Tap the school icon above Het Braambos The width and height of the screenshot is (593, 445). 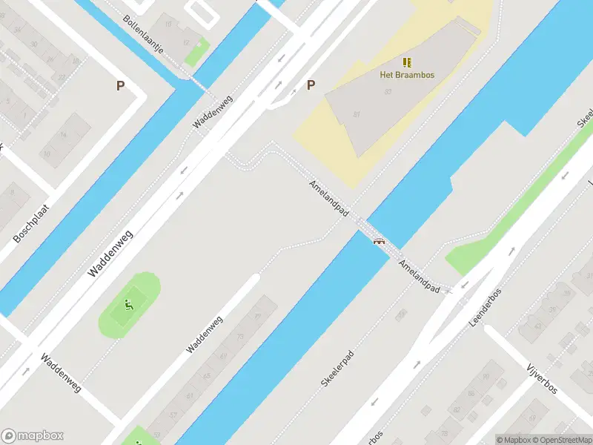tap(407, 62)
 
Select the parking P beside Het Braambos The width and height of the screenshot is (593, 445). tap(311, 85)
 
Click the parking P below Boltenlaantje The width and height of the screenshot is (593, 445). tap(120, 86)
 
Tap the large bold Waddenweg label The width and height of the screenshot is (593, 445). tap(110, 253)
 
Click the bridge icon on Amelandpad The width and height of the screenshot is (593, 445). tap(380, 240)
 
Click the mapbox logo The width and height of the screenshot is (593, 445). tap(33, 436)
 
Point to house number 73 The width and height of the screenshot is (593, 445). tap(239, 336)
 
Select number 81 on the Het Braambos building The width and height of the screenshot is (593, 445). tap(357, 113)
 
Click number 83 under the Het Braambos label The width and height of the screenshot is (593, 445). tap(388, 91)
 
